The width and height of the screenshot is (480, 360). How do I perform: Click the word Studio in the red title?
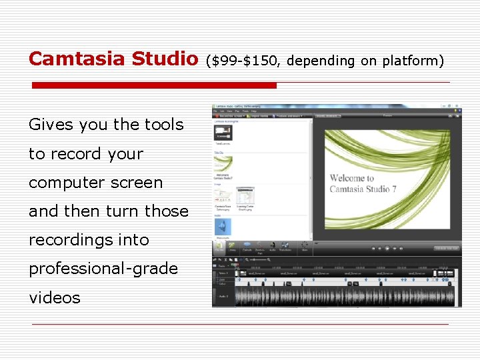pyautogui.click(x=165, y=59)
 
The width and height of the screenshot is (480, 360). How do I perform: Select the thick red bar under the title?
pyautogui.click(x=154, y=85)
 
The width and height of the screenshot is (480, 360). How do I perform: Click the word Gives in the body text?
pyautogui.click(x=51, y=125)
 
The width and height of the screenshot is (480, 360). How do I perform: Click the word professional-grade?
pyautogui.click(x=103, y=269)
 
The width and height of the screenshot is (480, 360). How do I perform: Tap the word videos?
pyautogui.click(x=54, y=298)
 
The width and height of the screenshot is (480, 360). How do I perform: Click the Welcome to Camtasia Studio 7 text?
pyautogui.click(x=361, y=183)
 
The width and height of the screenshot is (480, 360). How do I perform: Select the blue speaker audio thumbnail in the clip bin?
pyautogui.click(x=223, y=227)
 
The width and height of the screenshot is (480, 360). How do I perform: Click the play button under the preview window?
pyautogui.click(x=387, y=248)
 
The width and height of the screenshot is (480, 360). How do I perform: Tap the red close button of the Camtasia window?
pyautogui.click(x=457, y=106)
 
